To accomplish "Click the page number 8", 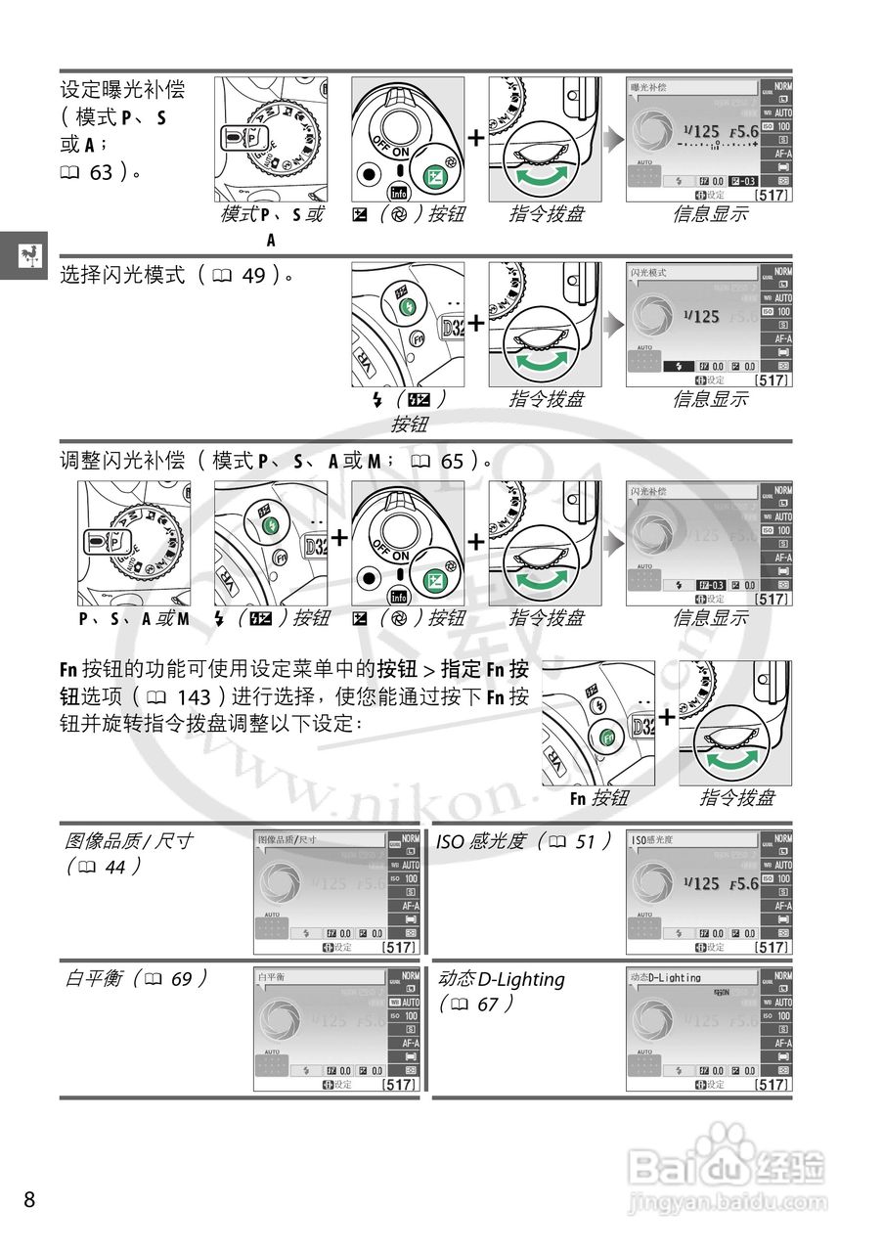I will coord(29,1199).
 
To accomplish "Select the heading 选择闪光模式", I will coord(122,276).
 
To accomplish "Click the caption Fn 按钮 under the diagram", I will coord(599,798).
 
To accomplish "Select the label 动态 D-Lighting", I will coord(502,979).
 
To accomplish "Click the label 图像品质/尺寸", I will coord(128,840).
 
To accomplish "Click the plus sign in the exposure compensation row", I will coord(476,138).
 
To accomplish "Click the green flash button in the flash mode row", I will coord(409,307).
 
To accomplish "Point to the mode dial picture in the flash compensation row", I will coord(134,543).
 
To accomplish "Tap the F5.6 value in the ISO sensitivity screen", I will coord(743,883).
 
